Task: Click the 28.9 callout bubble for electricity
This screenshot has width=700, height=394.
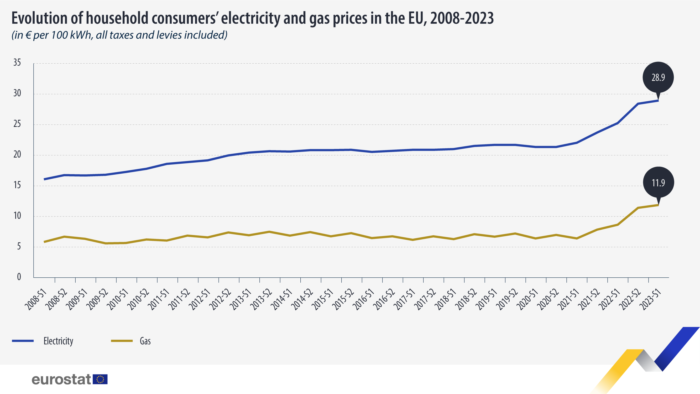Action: coord(658,77)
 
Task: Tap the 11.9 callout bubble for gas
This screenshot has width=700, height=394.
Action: coord(658,183)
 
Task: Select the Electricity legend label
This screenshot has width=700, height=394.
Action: coord(58,341)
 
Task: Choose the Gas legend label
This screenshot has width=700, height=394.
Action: coord(145,341)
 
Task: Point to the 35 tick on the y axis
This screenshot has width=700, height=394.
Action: coord(17,63)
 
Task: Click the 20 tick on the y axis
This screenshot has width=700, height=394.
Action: coord(17,154)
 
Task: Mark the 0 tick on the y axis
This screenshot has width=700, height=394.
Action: coord(19,277)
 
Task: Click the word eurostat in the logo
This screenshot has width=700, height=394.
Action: coord(61,379)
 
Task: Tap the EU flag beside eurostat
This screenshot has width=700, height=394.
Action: coord(100,379)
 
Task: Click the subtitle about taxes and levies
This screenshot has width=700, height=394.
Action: coord(119,35)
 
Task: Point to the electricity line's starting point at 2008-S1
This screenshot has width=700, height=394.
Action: coord(44,179)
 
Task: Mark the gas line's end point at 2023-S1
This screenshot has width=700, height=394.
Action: coord(658,205)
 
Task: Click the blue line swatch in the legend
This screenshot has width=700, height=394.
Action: coord(23,341)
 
